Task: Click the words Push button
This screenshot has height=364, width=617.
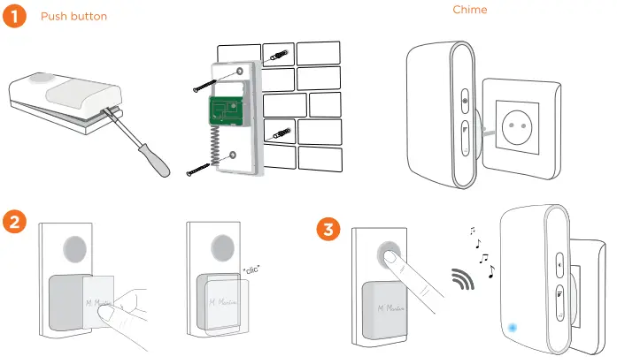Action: click(x=74, y=17)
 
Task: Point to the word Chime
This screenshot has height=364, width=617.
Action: click(x=470, y=10)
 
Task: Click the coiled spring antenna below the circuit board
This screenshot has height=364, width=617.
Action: click(x=213, y=140)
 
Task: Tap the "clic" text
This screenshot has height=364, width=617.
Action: click(x=254, y=268)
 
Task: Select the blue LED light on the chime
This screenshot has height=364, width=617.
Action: click(x=513, y=329)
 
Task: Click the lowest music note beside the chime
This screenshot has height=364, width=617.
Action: click(x=491, y=272)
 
